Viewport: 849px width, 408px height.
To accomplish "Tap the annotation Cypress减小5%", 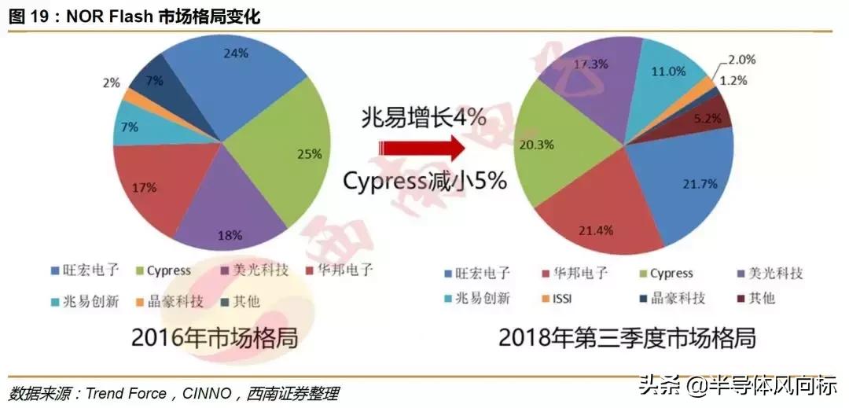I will click(x=424, y=180).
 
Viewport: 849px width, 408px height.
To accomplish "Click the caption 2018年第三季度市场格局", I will click(x=627, y=339).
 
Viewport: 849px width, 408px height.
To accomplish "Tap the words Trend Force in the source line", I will click(x=124, y=392).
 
